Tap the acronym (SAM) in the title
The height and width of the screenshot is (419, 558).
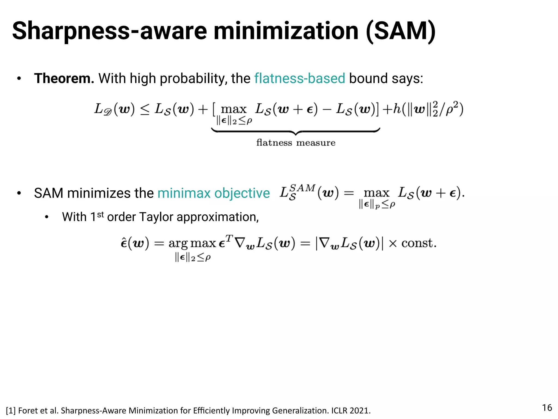click(401, 31)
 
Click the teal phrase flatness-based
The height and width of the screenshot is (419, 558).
click(300, 79)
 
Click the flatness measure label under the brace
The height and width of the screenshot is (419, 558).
click(296, 143)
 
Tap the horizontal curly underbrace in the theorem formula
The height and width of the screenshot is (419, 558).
click(296, 131)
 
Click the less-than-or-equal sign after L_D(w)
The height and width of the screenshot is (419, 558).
click(145, 110)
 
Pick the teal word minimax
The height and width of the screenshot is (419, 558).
click(184, 193)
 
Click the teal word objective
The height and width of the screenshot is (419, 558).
click(242, 193)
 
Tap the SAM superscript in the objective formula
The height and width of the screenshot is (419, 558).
click(302, 188)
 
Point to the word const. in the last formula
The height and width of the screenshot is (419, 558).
click(419, 243)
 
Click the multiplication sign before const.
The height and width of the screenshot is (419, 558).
click(393, 243)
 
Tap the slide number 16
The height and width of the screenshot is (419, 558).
click(547, 408)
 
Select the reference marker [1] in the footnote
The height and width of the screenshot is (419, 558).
click(11, 411)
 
